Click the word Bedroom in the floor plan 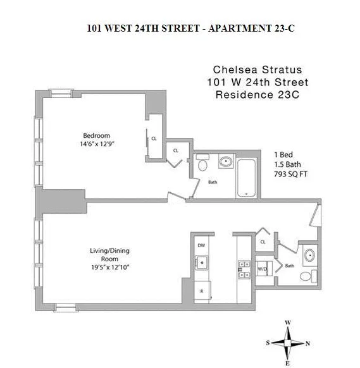tap(97, 135)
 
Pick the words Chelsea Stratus tap(247, 70)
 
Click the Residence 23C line tap(247, 95)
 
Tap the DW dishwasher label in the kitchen tap(201, 245)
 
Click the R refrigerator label tap(201, 291)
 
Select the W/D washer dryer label tap(262, 269)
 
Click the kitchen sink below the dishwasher tap(202, 261)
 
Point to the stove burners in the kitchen tap(241, 269)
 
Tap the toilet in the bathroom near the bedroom tap(202, 166)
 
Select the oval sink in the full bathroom tap(227, 162)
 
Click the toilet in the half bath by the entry tap(306, 276)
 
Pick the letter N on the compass tap(308, 344)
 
